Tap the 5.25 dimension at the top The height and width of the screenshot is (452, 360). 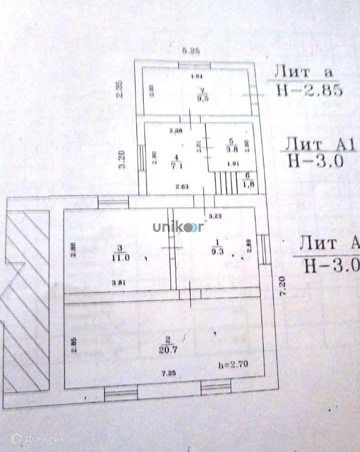(x=191, y=50)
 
